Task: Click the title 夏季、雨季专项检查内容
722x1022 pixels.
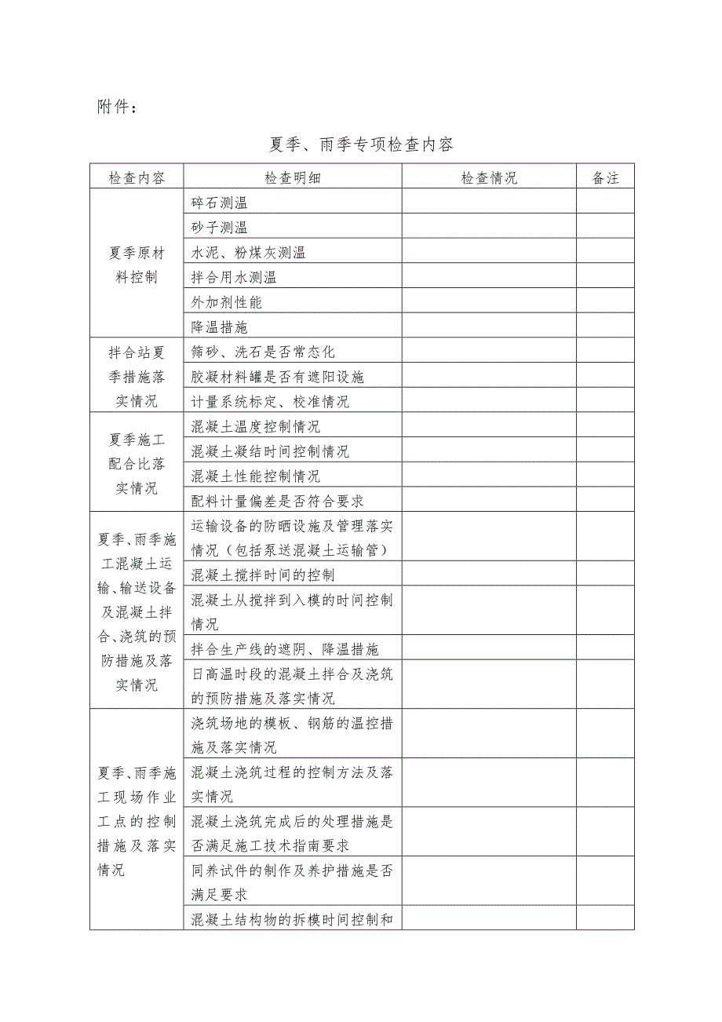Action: coord(361,144)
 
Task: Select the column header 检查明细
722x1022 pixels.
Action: coord(293,177)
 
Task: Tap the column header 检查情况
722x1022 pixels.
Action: coord(489,177)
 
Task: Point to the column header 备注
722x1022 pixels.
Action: coord(605,177)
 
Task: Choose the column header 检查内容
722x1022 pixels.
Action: coord(137,177)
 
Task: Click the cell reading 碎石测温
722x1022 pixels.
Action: coord(220,203)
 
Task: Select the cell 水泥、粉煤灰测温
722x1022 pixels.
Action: coord(249,252)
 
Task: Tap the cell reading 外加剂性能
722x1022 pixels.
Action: coord(227,301)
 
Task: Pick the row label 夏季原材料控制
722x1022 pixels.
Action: coord(137,265)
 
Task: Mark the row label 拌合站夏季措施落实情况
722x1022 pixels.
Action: coord(137,376)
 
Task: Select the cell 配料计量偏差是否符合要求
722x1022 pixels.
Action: coord(278,500)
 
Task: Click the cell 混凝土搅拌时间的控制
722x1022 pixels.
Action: coord(263,575)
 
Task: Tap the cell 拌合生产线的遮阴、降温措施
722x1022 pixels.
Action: coord(285,648)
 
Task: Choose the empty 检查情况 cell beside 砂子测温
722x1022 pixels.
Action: coord(489,228)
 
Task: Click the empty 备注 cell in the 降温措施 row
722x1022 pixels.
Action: coord(605,326)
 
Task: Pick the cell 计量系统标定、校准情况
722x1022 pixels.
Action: coord(271,401)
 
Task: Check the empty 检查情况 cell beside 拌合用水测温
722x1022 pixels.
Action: coord(489,276)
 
